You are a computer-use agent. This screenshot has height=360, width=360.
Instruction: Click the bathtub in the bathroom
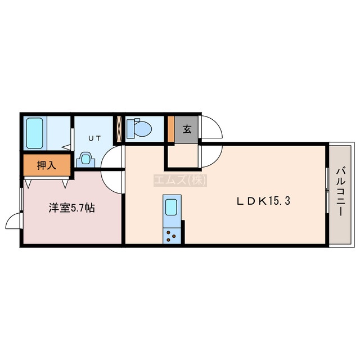coord(34,133)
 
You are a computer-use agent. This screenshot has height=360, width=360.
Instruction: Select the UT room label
coord(94,138)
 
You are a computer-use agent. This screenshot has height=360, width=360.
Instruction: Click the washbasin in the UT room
coord(85,159)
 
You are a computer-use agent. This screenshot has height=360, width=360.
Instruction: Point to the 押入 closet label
coord(47,165)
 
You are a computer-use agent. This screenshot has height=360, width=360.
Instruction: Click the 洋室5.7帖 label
coord(71,208)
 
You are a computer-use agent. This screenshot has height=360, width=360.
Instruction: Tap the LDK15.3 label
coord(263,201)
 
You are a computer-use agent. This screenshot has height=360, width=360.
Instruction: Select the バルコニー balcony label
coord(340,192)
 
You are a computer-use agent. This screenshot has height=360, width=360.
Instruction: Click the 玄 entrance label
coord(187,129)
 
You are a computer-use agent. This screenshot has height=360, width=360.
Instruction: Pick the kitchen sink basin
coord(171,208)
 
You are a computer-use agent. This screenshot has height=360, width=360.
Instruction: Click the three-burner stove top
coord(171,236)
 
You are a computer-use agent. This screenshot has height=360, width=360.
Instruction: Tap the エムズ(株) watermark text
coord(180,180)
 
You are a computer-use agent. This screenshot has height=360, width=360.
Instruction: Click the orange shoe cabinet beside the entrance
coord(171,129)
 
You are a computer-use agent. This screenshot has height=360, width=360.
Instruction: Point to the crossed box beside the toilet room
coord(119,129)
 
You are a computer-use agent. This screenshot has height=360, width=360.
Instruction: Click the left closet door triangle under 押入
coord(28,184)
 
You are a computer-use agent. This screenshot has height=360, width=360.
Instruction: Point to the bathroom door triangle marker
coord(66,147)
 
